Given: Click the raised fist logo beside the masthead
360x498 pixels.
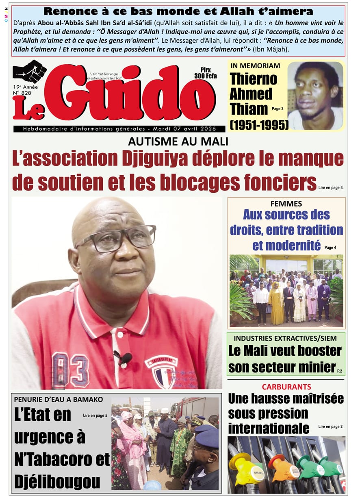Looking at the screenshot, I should [30, 71].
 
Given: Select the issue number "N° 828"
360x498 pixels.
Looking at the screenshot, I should [22, 93].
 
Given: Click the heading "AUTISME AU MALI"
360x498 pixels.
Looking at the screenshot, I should [178, 141].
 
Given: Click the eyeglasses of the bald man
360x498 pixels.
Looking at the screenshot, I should [116, 237].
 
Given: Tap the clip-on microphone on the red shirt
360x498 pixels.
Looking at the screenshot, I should [124, 358].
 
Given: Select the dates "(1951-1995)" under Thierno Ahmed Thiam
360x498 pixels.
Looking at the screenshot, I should [259, 124].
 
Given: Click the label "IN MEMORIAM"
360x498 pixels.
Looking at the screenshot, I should [255, 66].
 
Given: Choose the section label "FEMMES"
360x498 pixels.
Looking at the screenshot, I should [286, 204].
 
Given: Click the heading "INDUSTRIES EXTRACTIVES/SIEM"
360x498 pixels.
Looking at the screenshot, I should [286, 338].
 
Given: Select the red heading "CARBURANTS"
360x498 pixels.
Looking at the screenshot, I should [286, 387].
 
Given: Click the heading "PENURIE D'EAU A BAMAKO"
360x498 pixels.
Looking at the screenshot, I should [59, 399].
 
